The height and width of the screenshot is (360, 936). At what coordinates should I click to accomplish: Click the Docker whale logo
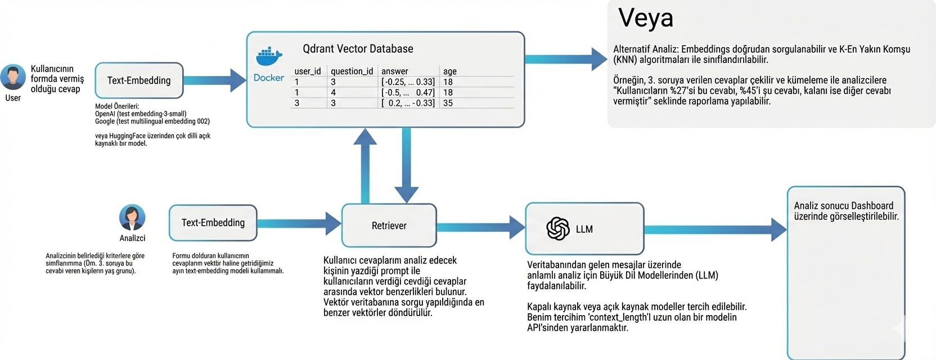[x=269, y=57]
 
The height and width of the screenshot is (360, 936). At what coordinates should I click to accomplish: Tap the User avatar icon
[x=12, y=77]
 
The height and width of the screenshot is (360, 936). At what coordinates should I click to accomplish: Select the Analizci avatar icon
[x=132, y=217]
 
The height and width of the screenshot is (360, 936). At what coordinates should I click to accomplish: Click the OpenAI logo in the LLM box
[x=557, y=229]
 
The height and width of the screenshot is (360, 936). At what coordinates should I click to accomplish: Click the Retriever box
[x=389, y=226]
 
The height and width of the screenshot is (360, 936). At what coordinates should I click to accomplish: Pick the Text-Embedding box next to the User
[x=139, y=80]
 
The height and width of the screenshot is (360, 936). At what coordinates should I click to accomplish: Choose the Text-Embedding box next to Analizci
[x=213, y=223]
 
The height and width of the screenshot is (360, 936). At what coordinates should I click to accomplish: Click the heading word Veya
[x=645, y=18]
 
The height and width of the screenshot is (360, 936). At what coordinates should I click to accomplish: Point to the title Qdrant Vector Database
[x=358, y=49]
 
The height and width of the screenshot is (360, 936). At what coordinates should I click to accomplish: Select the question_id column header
[x=352, y=71]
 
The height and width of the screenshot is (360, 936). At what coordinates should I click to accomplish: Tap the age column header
[x=449, y=71]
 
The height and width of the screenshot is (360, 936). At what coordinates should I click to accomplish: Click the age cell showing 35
[x=448, y=103]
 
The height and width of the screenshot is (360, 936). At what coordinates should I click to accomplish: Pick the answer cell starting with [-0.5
[x=408, y=92]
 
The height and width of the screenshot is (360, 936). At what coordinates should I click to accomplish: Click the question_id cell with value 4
[x=333, y=92]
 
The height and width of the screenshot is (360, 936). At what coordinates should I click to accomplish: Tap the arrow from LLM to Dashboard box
[x=714, y=229]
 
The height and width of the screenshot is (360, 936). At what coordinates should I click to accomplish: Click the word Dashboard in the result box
[x=871, y=206]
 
